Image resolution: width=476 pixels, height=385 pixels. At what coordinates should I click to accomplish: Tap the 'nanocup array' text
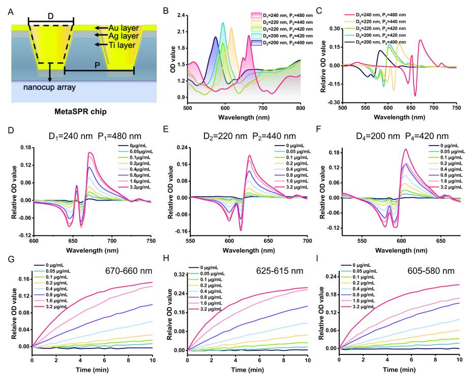click(x=50, y=87)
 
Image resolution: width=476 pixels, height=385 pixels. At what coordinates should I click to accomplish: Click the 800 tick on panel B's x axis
click(x=301, y=108)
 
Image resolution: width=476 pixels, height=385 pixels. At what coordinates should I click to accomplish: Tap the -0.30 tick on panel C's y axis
click(x=331, y=102)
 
